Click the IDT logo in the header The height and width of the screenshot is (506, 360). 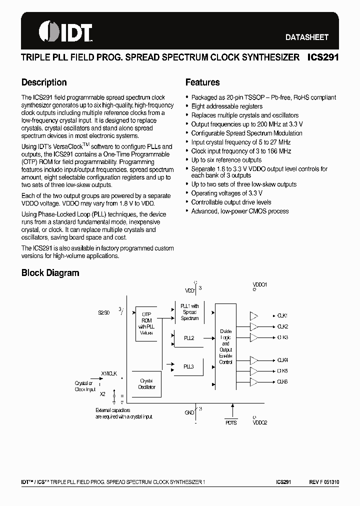coord(65,31)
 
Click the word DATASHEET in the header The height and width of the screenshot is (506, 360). coord(306,37)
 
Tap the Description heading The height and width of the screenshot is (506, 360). coord(44,82)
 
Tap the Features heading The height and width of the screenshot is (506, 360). coord(202,82)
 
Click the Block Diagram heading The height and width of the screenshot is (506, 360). coord(50,273)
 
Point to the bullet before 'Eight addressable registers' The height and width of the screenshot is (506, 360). coord(186,106)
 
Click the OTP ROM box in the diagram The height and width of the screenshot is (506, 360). coord(146,323)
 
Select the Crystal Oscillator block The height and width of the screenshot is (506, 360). coord(146,384)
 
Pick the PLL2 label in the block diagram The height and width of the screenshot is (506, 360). coord(188,338)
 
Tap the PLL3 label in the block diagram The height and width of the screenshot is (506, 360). coord(188,366)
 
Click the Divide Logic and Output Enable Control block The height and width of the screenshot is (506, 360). coord(225,346)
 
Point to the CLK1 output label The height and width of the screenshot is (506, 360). coord(282,315)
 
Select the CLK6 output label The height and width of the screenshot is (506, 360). coord(282,382)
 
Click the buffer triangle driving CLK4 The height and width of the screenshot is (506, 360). coord(253,360)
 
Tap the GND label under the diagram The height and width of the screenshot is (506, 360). coord(189,413)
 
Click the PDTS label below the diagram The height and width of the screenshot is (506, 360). coord(231,422)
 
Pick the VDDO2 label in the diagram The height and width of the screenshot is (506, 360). coord(260,422)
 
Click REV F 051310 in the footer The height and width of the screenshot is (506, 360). coord(323,482)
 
